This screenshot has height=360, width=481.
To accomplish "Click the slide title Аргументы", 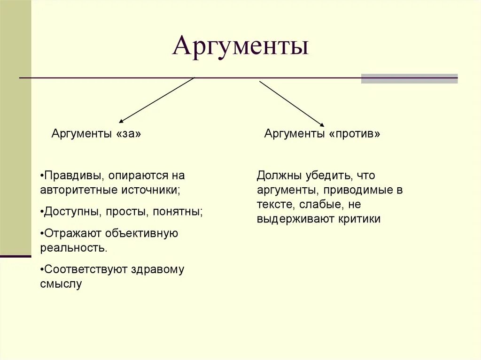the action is pos(240,46).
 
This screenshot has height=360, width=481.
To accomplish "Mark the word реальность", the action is pos(74,248).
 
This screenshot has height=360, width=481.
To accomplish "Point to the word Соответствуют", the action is pos(84,269).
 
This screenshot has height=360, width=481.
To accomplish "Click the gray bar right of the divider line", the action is pos(409,78).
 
